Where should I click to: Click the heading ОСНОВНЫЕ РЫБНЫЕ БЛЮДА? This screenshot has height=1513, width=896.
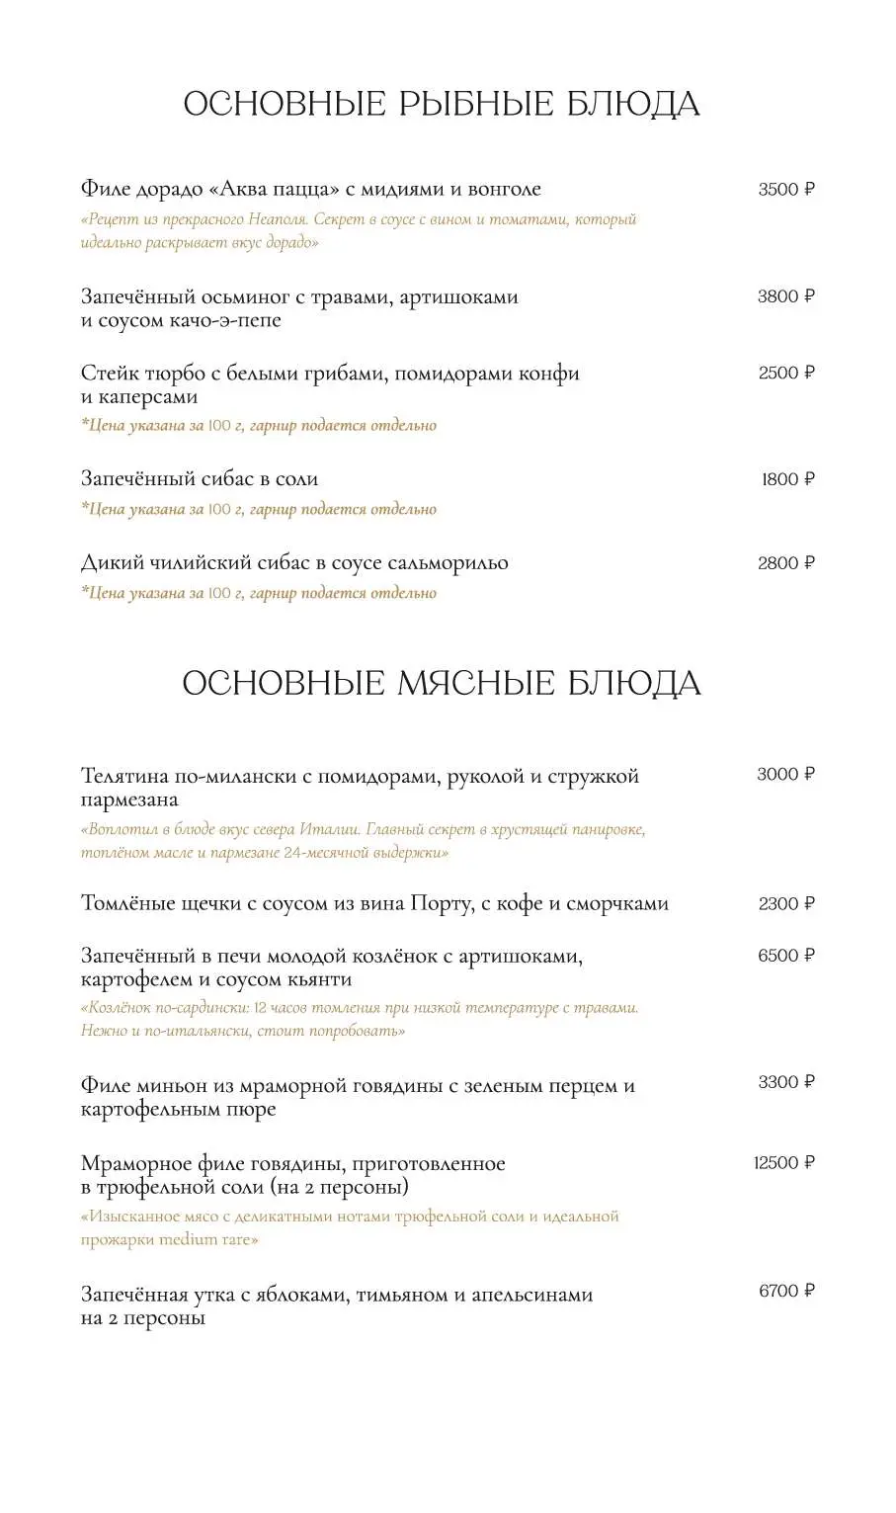coord(442,104)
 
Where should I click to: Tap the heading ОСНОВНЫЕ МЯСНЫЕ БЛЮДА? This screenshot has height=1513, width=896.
coord(442,683)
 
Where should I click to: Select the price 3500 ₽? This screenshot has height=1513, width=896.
coord(786,190)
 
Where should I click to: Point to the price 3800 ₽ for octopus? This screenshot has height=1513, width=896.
coord(786,296)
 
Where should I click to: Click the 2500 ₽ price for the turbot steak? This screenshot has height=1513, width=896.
coord(786,373)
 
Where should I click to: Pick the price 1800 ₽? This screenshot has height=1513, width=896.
coord(787,479)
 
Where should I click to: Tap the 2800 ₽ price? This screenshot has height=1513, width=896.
coord(786,563)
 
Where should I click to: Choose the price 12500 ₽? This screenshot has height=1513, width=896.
coord(784,1163)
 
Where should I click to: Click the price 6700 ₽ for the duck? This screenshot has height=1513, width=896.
coord(786,1291)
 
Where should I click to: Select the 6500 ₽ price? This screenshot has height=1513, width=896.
coord(786,956)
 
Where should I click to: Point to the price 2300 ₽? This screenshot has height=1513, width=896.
coord(786,903)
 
